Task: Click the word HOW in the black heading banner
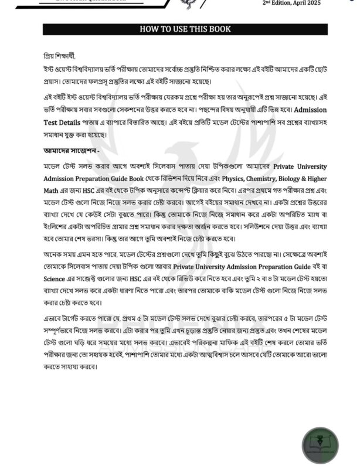pyautogui.click(x=148, y=29)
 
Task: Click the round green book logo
pyautogui.click(x=320, y=444)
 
